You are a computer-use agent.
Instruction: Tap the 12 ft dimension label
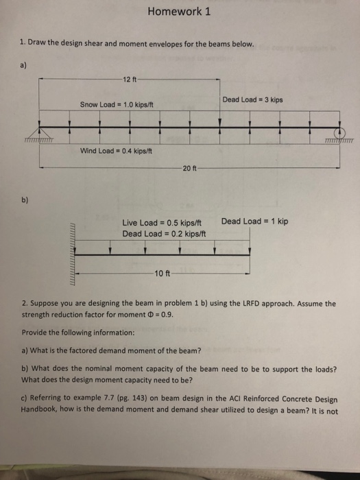pos(130,80)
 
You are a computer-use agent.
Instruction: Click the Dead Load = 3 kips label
pos(252,100)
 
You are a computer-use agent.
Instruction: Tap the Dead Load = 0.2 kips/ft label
pos(164,233)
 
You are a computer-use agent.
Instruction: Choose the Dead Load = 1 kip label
pos(254,221)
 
